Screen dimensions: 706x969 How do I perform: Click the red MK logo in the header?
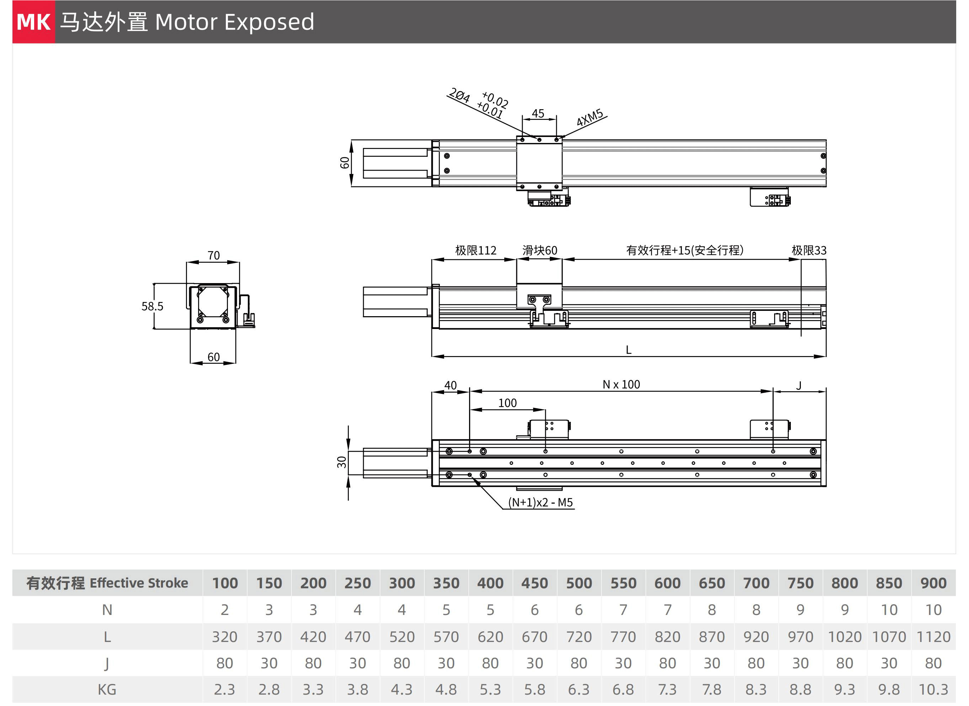[x=33, y=22]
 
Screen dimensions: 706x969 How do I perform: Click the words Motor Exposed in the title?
[x=235, y=22]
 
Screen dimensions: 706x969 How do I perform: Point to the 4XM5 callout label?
[x=590, y=117]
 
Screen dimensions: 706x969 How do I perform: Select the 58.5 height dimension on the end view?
[x=152, y=307]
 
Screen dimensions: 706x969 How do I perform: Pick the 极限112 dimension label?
[x=475, y=250]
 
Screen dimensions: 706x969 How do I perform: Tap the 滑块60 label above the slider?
[x=539, y=250]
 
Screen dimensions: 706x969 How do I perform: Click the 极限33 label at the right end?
[x=809, y=250]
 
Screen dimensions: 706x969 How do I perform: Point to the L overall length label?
[x=628, y=350]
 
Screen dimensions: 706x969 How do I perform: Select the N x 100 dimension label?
[x=621, y=384]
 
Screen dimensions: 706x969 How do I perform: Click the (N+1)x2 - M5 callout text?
[x=541, y=503]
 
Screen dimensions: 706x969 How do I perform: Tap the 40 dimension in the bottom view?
[x=450, y=386]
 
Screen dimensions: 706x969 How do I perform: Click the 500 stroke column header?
[x=579, y=583]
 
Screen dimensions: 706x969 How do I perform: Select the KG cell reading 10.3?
[x=933, y=690]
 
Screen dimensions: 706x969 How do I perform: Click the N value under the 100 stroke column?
[x=225, y=610]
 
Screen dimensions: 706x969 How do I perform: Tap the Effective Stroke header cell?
[x=107, y=583]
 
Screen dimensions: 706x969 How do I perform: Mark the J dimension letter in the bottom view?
[x=799, y=386]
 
